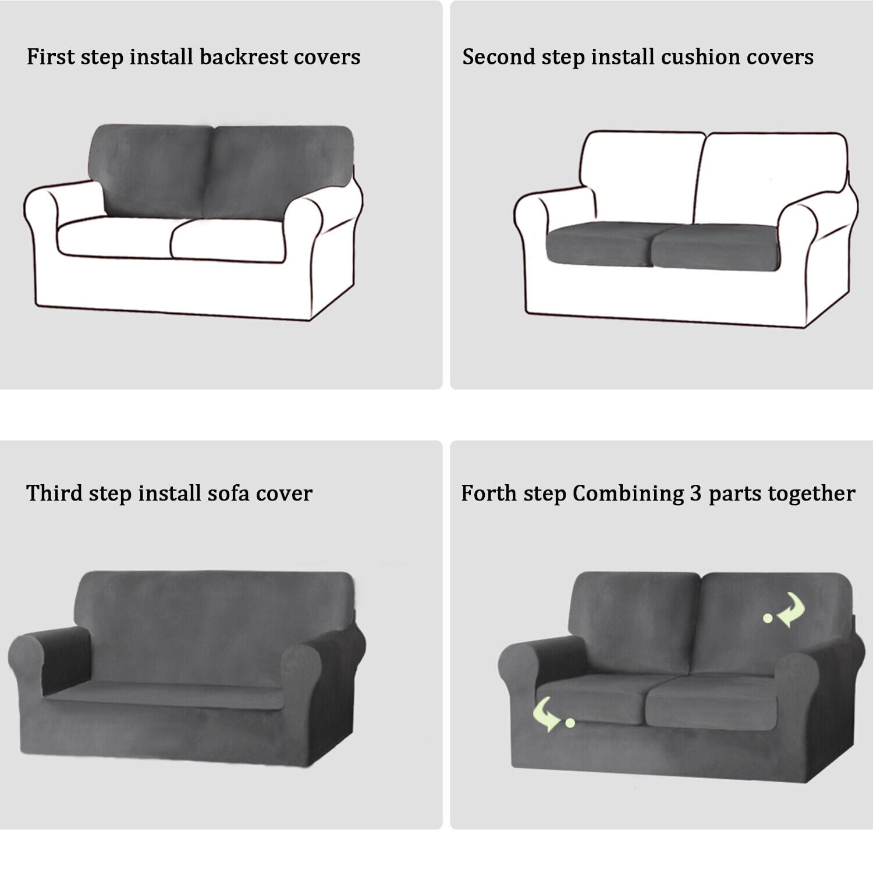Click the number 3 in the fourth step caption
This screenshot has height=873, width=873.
[x=696, y=494]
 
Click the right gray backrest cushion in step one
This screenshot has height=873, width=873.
[x=279, y=173]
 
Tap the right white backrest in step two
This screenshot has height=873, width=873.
[x=774, y=180]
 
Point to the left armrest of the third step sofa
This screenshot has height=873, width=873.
[x=51, y=669]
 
